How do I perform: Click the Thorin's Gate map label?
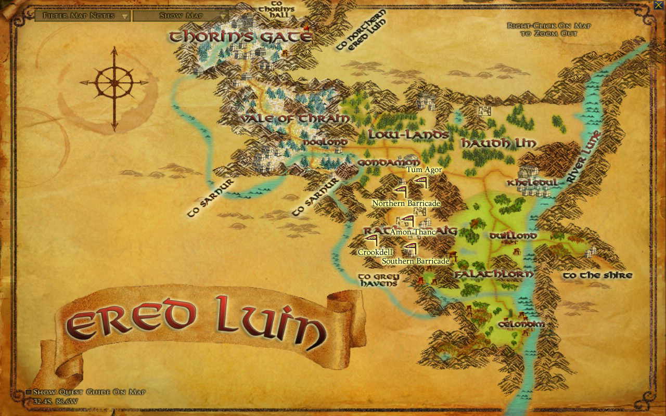pyautogui.click(x=240, y=36)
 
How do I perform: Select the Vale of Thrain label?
pyautogui.click(x=294, y=119)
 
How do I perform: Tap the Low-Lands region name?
pyautogui.click(x=408, y=135)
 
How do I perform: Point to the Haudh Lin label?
pyautogui.click(x=498, y=143)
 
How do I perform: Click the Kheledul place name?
pyautogui.click(x=533, y=183)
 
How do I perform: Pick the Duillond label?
pyautogui.click(x=513, y=236)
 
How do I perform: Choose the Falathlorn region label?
pyautogui.click(x=494, y=274)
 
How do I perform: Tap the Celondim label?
pyautogui.click(x=521, y=324)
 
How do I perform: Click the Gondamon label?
pyautogui.click(x=388, y=163)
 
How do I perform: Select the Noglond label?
pyautogui.click(x=325, y=141)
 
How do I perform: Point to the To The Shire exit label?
pyautogui.click(x=598, y=275)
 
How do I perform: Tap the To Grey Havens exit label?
pyautogui.click(x=378, y=280)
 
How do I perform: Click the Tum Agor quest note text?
pyautogui.click(x=424, y=170)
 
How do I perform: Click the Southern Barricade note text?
pyautogui.click(x=415, y=261)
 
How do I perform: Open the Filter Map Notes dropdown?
pyautogui.click(x=83, y=16)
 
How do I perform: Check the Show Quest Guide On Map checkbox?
pyautogui.click(x=29, y=392)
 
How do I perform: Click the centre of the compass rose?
pyautogui.click(x=114, y=82)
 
